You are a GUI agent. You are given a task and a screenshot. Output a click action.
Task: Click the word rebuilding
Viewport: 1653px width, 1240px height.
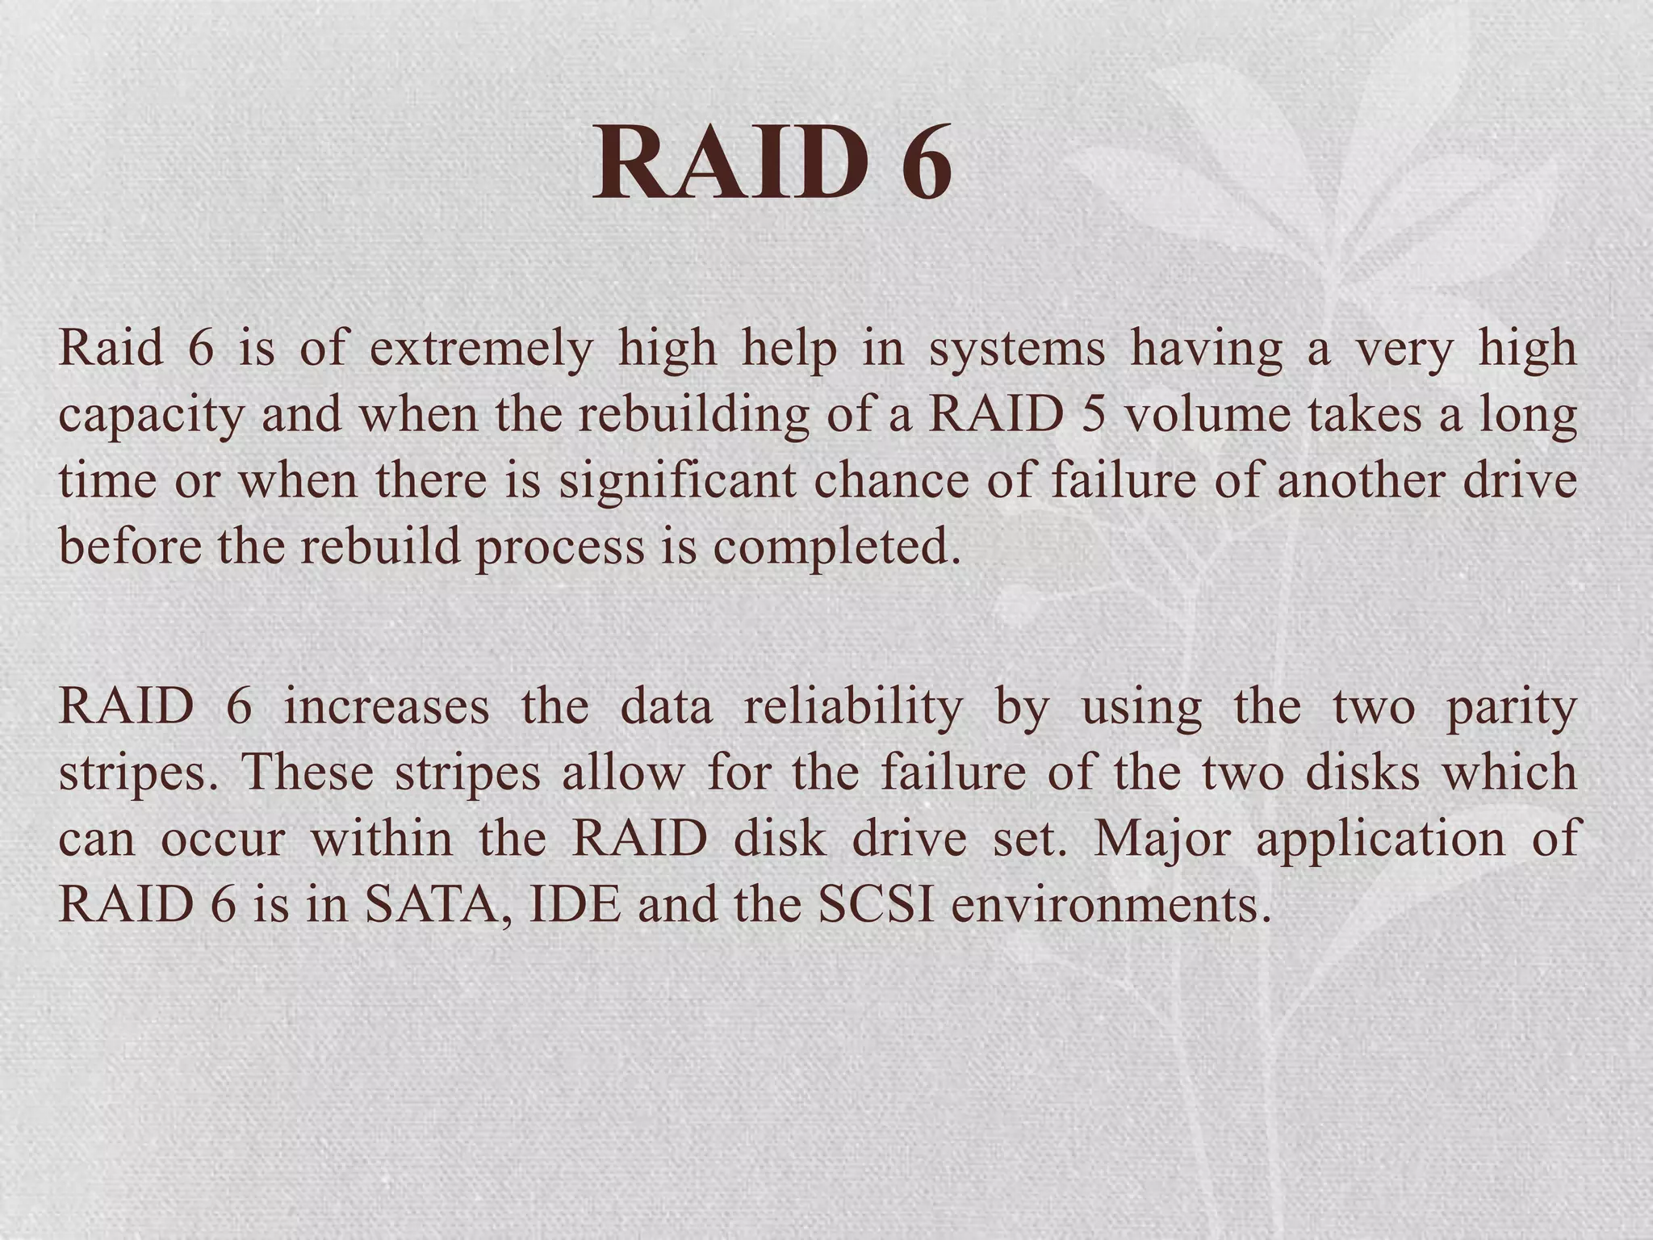(x=693, y=416)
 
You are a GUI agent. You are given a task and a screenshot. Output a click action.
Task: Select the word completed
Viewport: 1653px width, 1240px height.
(x=837, y=548)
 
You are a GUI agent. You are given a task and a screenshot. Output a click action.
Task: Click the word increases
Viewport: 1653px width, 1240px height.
(x=387, y=706)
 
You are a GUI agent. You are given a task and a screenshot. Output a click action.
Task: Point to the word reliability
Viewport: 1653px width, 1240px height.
(x=852, y=708)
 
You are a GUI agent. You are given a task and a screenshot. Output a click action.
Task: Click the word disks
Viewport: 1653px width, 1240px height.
(x=1362, y=773)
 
